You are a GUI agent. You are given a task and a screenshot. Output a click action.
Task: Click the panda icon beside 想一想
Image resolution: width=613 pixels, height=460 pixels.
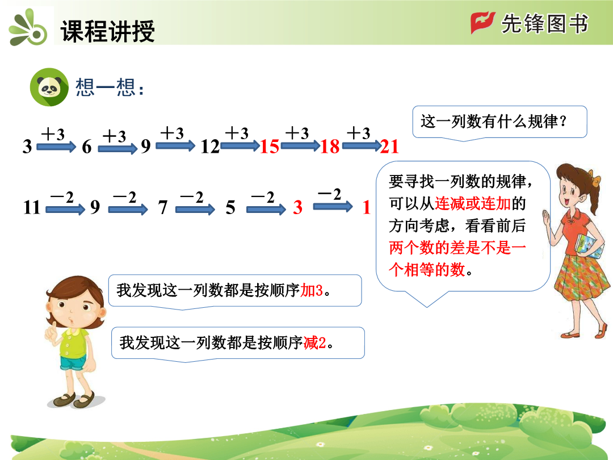[49, 87]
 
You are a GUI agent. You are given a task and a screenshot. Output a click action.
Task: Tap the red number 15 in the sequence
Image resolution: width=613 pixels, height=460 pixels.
[270, 147]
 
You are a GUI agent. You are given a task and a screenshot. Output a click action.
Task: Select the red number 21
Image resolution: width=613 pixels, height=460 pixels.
[389, 147]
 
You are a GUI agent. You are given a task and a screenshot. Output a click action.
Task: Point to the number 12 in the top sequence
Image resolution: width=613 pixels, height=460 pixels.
[210, 147]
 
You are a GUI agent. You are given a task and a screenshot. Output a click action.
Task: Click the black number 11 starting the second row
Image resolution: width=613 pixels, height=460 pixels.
[32, 207]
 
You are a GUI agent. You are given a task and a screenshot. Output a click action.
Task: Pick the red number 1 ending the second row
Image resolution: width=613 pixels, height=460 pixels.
[366, 207]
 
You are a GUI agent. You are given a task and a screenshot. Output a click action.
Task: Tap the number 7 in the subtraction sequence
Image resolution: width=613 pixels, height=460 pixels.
[163, 207]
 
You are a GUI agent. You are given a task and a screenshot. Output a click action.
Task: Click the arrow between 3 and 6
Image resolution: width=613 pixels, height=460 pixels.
[56, 147]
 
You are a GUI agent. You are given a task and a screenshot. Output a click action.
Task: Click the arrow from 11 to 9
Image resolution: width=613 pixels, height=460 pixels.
[65, 209]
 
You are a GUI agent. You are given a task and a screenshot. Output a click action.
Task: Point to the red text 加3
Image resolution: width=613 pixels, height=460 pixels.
[312, 291]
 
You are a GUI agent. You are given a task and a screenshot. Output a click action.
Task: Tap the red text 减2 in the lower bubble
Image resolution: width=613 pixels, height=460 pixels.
[314, 342]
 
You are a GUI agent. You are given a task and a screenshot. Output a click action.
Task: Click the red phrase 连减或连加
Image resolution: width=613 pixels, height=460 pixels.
[473, 203]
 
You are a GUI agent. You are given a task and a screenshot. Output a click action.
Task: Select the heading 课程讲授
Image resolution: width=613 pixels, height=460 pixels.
[107, 31]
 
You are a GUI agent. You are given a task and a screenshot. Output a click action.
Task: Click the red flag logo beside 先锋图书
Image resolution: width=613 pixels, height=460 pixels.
[483, 23]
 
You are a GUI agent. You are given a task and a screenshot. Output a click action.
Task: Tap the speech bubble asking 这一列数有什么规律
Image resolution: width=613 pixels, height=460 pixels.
[499, 123]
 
